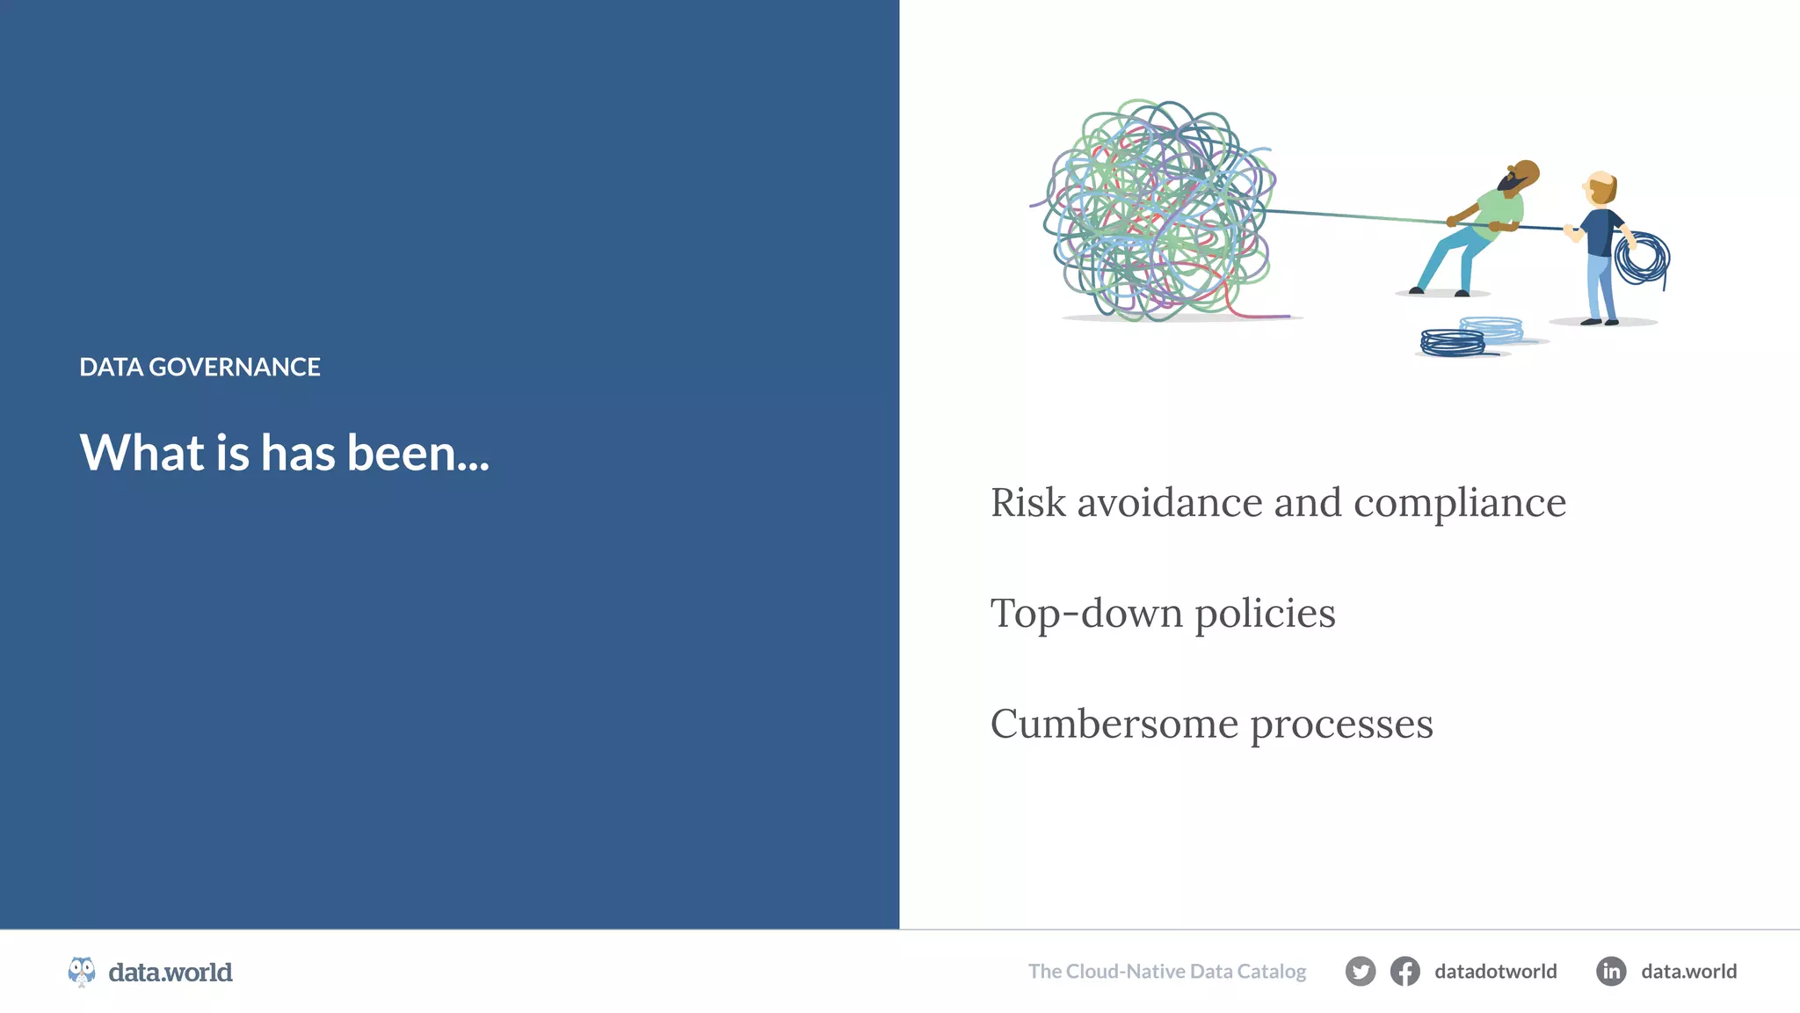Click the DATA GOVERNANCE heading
coord(200,367)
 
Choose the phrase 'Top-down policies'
coord(1162,614)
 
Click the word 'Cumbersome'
coord(1114,724)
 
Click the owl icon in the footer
coord(82,972)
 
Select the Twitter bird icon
coord(1360,972)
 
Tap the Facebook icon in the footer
coord(1404,972)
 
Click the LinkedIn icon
coord(1610,972)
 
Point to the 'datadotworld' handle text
coord(1495,972)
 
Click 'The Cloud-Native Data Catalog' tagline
coord(1166,972)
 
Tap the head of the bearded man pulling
coord(1521,175)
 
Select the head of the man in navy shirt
coord(1600,187)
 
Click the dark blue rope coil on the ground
coord(1452,342)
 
